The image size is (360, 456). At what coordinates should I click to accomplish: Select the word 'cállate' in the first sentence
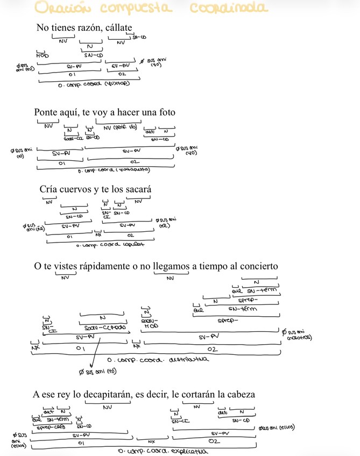coord(119,28)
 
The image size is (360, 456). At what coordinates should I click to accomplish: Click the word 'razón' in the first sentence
coord(90,28)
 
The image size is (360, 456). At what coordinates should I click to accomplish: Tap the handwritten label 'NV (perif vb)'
coord(117,127)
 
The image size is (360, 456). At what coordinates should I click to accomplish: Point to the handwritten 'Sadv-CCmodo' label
coord(102,327)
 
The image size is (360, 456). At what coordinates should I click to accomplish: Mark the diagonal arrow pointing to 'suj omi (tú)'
coord(93,353)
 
